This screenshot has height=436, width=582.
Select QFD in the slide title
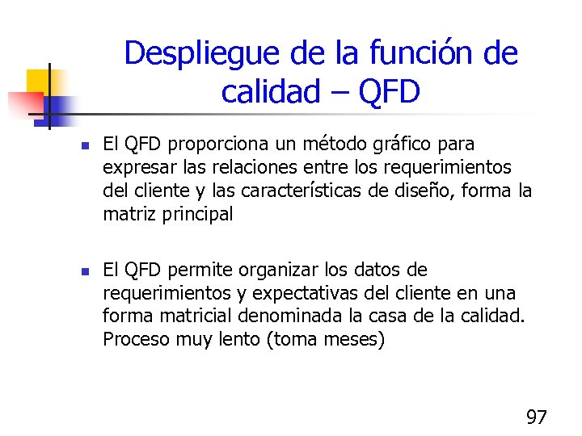(390, 92)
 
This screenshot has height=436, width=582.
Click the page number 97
(537, 417)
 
